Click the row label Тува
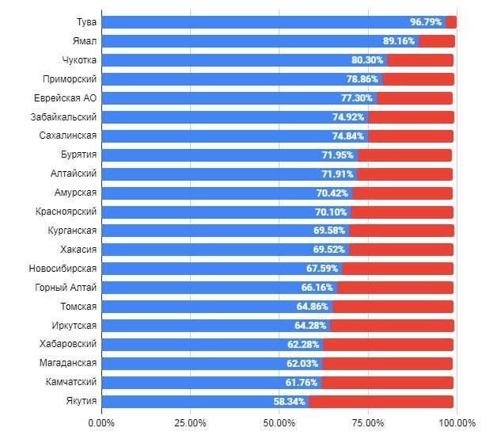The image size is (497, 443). (86, 22)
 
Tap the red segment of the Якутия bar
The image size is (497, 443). (381, 402)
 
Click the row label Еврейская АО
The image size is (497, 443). (66, 98)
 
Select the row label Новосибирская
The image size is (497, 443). (63, 268)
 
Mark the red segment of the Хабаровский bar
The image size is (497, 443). (388, 345)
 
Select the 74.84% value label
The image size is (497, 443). (349, 136)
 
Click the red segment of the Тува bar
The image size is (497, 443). (451, 22)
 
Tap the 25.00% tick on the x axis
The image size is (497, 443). (191, 422)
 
